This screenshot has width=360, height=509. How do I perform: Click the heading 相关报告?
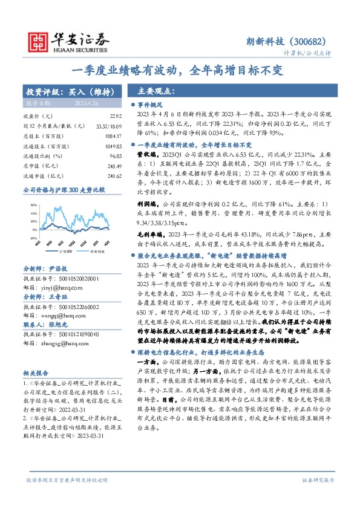click(35, 374)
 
